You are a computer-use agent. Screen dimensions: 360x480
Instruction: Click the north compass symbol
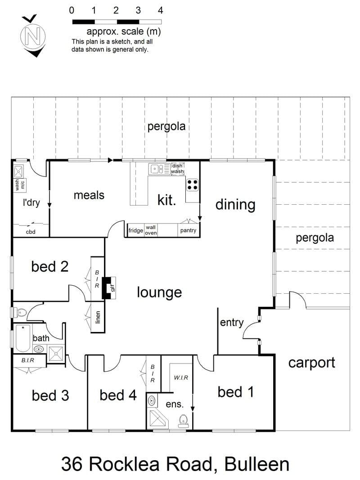[33, 36]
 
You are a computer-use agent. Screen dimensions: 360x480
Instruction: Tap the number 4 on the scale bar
[160, 10]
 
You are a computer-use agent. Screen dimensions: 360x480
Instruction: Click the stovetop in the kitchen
[193, 184]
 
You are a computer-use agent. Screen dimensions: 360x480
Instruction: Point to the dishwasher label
[177, 169]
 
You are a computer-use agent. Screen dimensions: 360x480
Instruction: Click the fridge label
[135, 230]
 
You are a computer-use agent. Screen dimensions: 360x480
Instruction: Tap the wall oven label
[151, 230]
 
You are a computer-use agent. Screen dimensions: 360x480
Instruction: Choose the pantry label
[188, 230]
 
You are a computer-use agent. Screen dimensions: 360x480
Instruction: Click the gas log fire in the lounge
[108, 288]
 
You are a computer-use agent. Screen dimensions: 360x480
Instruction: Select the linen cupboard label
[98, 317]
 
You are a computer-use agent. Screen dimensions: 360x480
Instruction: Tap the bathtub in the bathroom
[22, 338]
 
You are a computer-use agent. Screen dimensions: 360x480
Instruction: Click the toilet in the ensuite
[183, 421]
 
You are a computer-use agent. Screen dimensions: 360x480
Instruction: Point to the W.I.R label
[181, 378]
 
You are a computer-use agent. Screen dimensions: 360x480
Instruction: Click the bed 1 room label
[235, 392]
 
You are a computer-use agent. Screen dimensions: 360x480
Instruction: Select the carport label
[312, 363]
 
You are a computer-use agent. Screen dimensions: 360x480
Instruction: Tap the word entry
[232, 323]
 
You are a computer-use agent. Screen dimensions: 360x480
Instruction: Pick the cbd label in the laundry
[31, 232]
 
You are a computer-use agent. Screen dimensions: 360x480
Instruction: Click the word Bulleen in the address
[257, 464]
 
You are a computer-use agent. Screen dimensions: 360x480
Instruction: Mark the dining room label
[235, 205]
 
